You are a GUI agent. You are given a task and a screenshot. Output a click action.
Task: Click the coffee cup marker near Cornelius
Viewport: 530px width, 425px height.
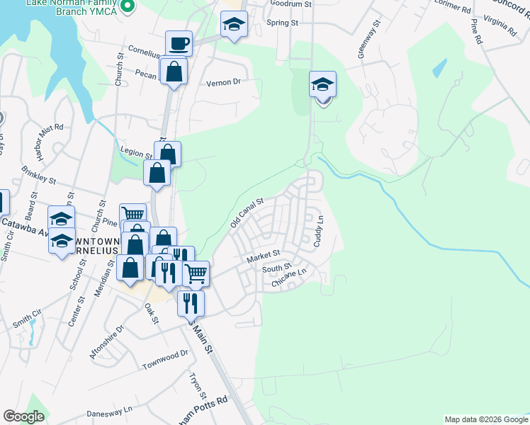pos(179,44)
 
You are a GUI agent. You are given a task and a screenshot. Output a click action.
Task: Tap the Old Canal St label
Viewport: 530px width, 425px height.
pos(247,213)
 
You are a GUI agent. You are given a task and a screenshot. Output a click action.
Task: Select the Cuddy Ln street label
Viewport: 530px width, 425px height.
pos(320,232)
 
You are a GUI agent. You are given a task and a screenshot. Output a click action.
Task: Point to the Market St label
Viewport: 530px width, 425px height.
pos(264,256)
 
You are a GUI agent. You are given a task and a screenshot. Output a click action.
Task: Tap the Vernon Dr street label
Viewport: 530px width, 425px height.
pos(223,83)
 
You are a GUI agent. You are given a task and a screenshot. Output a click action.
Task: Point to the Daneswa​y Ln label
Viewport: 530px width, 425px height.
pos(109,410)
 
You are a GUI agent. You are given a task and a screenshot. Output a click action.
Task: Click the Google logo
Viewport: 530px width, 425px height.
pos(24,416)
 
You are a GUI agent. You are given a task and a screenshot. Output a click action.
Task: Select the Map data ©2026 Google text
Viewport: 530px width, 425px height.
pos(486,419)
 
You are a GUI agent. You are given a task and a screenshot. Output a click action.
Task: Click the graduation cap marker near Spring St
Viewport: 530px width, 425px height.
pos(234,25)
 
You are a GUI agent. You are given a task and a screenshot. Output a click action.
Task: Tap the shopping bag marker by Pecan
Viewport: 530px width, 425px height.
pos(174,71)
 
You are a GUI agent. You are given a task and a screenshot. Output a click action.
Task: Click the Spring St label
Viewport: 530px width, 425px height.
pos(282,23)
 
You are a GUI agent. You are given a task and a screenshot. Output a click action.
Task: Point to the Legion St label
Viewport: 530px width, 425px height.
pos(137,154)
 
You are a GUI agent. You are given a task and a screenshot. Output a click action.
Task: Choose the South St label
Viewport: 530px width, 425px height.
pos(277,268)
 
